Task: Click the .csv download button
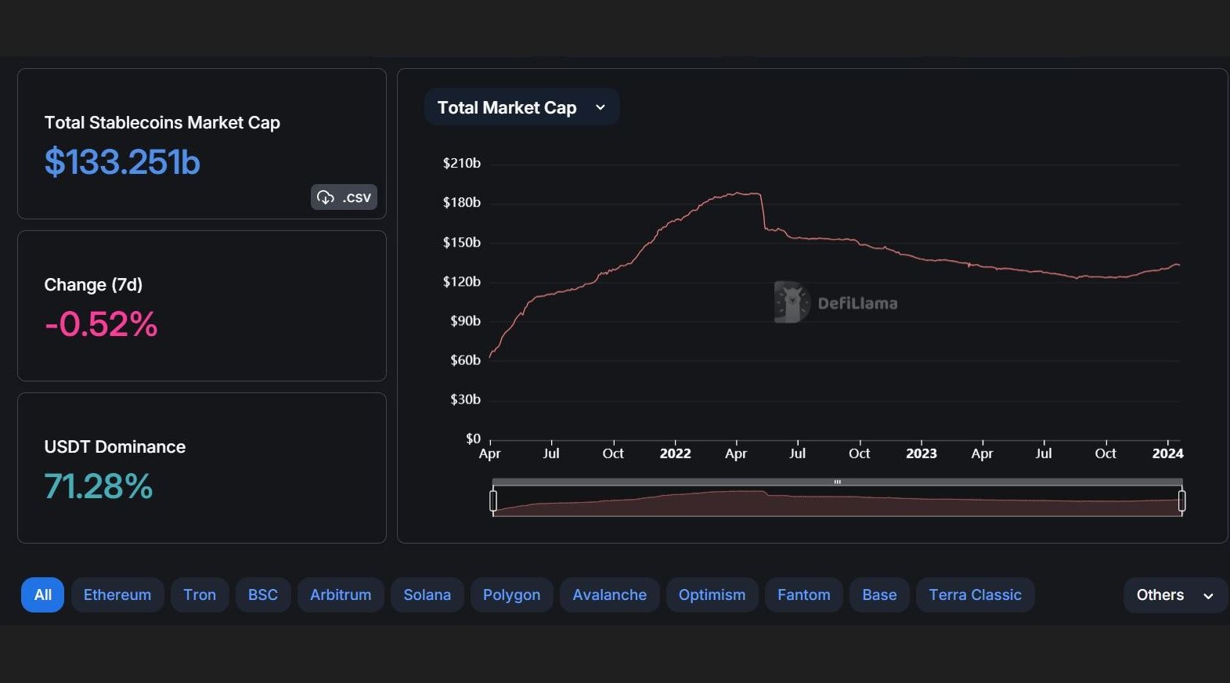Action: coord(344,197)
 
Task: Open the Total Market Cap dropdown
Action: coord(521,107)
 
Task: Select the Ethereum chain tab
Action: coord(117,594)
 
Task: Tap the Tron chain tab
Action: coord(200,594)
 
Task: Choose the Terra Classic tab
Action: coord(975,594)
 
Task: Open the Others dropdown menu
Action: coord(1174,594)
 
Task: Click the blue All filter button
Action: coord(42,594)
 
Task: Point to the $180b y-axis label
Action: coord(462,202)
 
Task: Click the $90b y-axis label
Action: coord(465,320)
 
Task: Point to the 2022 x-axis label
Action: coord(675,454)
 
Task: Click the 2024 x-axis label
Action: coord(1167,454)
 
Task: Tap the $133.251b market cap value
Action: coord(122,162)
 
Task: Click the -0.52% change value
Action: coord(101,324)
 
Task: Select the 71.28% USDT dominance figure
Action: coord(99,486)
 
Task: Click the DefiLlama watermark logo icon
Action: coord(791,302)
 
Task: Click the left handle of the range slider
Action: coord(493,501)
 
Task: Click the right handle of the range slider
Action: coord(1181,501)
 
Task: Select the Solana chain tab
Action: coord(427,594)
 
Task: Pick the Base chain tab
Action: coord(879,594)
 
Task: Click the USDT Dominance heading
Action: coord(115,446)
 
